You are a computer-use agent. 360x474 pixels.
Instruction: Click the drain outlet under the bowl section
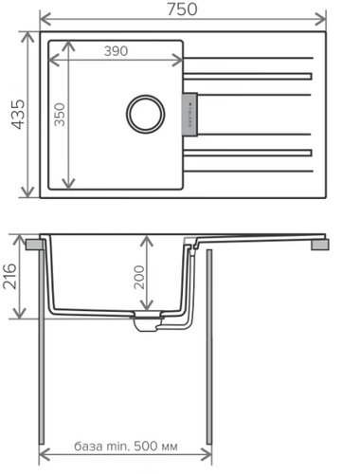(147, 324)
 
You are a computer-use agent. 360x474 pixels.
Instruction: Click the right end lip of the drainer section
(321, 244)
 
